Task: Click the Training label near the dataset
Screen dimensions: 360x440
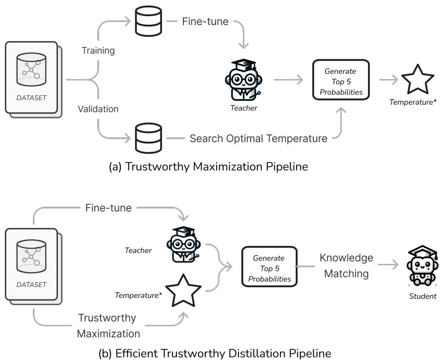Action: pos(98,50)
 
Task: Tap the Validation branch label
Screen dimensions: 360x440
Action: pos(98,108)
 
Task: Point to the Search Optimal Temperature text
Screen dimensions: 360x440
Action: pos(258,139)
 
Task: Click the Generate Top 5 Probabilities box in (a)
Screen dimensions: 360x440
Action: pos(341,80)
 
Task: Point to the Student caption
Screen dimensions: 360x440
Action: pos(422,296)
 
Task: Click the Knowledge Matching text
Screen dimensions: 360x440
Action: pos(346,266)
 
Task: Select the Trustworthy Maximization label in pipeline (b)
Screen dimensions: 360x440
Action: pos(108,325)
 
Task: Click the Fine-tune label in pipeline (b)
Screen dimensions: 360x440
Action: pos(108,208)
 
